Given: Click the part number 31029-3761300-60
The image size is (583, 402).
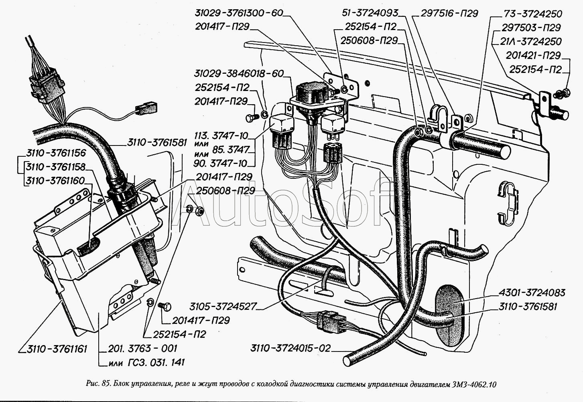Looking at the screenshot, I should click(x=239, y=13).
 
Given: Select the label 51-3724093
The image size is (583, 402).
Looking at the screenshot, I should click(x=370, y=13).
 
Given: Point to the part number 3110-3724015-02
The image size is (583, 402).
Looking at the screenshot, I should click(x=291, y=348).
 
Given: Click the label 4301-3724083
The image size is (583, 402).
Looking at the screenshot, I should click(x=532, y=293).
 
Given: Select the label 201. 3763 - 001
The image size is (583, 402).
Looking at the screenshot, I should click(x=142, y=349).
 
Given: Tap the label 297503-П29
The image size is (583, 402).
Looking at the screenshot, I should click(x=531, y=28).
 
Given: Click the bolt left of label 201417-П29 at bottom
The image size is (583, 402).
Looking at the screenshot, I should click(x=165, y=307).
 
